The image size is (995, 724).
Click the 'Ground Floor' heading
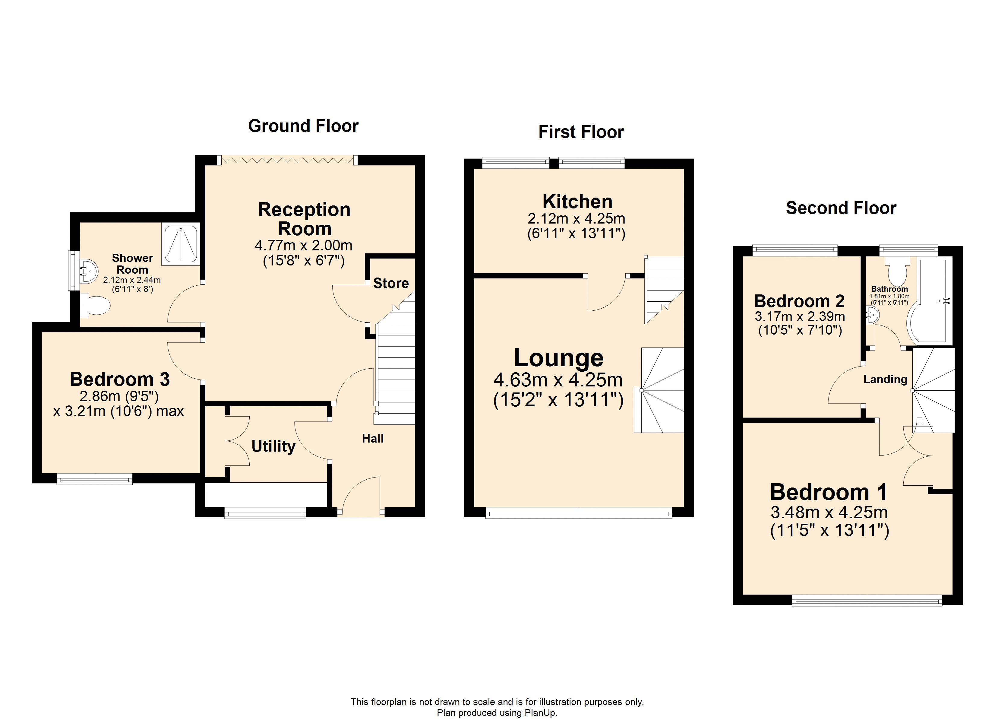click(303, 126)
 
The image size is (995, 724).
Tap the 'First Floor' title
click(581, 132)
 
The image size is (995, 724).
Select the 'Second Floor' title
click(841, 208)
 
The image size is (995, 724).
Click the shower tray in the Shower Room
click(181, 244)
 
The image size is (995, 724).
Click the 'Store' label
click(390, 284)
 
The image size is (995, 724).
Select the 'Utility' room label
click(273, 446)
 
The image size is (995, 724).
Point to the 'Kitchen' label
click(577, 202)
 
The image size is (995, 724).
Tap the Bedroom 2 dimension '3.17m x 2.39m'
click(800, 316)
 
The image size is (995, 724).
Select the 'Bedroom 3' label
click(119, 379)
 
